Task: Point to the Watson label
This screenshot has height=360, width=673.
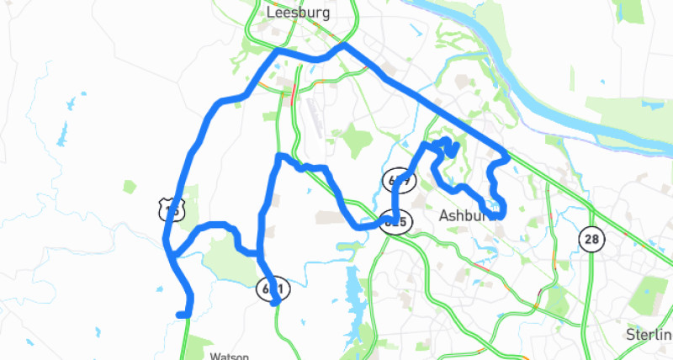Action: pos(229,355)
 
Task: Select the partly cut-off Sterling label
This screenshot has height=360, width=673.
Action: pos(649,334)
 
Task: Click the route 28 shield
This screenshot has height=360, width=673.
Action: pos(591,239)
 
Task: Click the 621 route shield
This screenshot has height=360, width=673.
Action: pos(273,289)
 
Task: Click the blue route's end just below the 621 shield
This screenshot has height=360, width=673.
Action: pos(276,304)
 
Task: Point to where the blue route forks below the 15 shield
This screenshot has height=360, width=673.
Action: pos(170,251)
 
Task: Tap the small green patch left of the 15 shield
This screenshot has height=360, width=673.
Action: pos(129,186)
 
